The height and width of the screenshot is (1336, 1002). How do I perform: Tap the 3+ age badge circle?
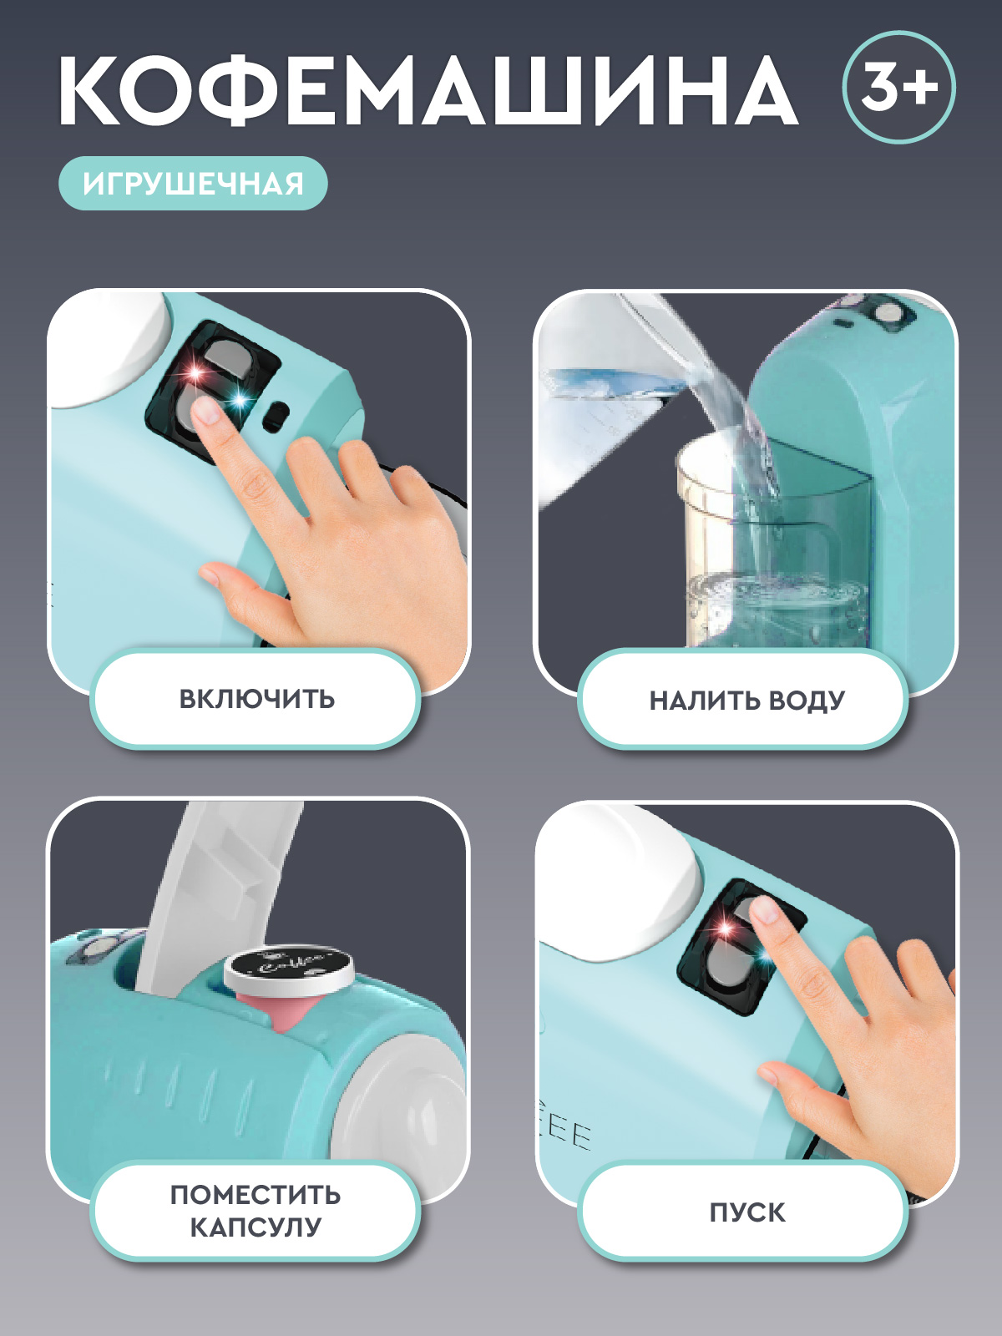tap(898, 87)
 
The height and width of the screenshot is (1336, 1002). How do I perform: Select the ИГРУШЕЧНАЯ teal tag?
tap(193, 183)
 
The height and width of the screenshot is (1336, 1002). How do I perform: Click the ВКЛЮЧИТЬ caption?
tap(256, 699)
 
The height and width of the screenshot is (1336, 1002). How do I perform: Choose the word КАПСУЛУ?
tap(256, 1227)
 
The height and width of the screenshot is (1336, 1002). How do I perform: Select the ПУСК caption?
tap(747, 1212)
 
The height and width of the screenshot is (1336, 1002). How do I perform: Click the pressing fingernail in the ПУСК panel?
tap(764, 910)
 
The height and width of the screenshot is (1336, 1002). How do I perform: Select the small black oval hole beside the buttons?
tap(277, 414)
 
